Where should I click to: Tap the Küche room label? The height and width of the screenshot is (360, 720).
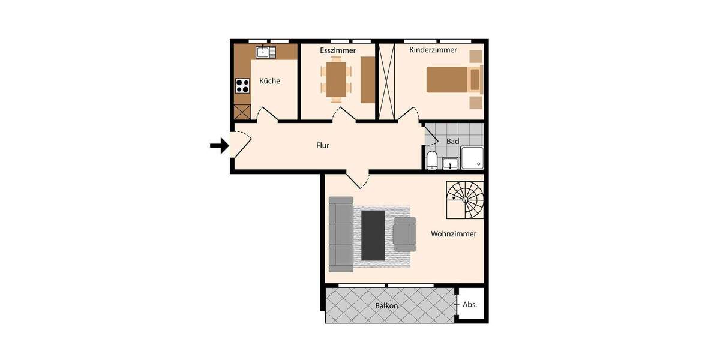tap(269, 81)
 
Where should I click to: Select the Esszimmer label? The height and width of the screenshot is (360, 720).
tap(338, 50)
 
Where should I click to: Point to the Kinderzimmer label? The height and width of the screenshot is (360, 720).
tap(433, 50)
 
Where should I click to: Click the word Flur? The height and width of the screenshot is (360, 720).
tap(323, 145)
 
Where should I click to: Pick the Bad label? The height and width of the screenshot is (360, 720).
tap(453, 142)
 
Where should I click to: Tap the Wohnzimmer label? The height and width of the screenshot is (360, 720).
tap(454, 234)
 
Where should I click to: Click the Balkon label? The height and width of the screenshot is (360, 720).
tap(387, 306)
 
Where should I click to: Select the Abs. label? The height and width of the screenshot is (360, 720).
tap(470, 305)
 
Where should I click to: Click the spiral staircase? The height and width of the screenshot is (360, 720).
tap(465, 200)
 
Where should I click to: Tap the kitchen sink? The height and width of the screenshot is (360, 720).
tap(264, 52)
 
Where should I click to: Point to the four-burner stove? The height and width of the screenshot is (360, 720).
tap(242, 86)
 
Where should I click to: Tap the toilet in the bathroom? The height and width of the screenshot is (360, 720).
tap(431, 160)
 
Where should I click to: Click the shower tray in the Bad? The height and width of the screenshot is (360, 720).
tap(472, 157)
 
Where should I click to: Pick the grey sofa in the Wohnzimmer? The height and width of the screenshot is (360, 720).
tap(341, 235)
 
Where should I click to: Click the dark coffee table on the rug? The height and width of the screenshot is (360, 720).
tap(373, 235)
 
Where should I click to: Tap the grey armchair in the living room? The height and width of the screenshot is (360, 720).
tap(404, 234)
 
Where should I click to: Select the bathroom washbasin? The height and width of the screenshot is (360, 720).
tap(450, 162)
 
